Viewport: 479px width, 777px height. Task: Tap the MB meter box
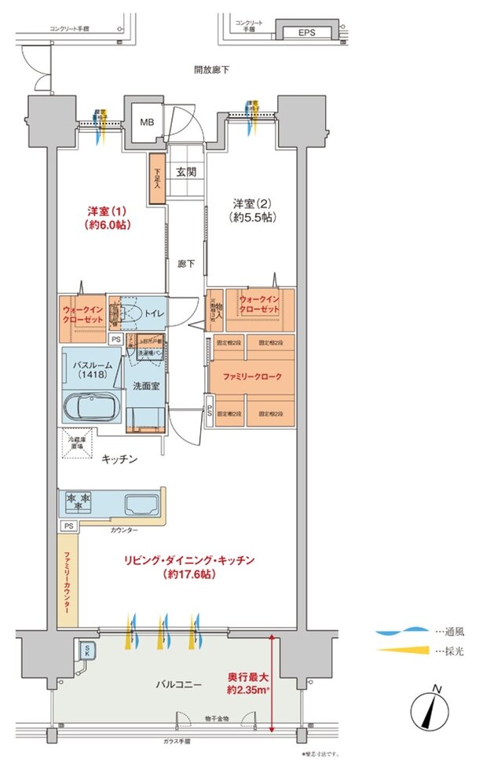point(147,123)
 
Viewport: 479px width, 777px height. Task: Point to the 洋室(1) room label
point(108,218)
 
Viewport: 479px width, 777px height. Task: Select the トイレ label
point(154,314)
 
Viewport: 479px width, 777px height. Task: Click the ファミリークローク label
point(252,376)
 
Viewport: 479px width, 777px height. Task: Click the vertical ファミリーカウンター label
point(68,582)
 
